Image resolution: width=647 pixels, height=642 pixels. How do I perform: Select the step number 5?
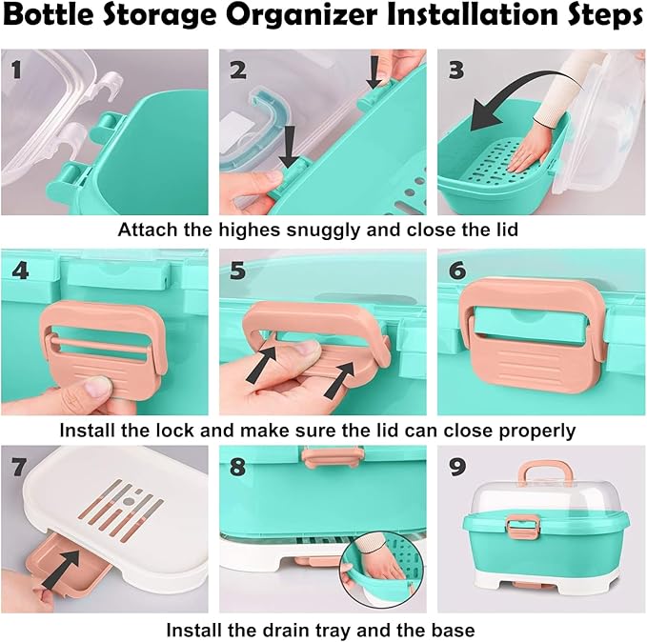[238, 270]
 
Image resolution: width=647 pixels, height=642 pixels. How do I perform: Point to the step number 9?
[457, 469]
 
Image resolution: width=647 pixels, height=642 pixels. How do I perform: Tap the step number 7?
[16, 469]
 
